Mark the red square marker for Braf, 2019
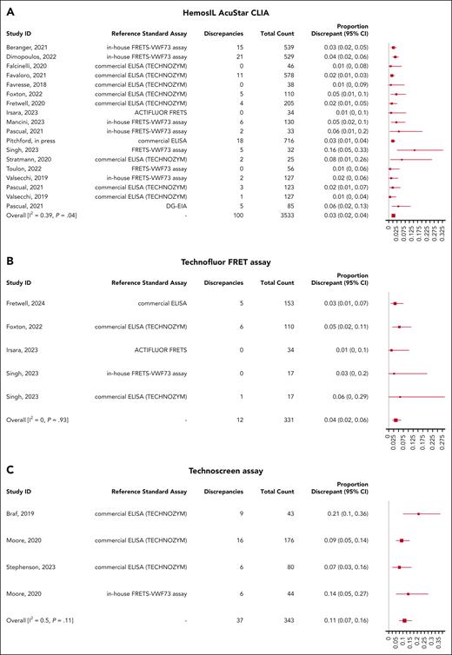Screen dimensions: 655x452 click(x=418, y=513)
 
